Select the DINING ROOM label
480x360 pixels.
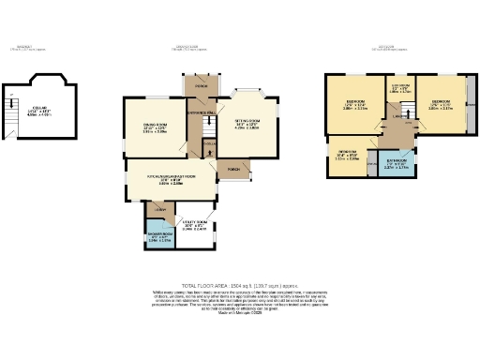tap(154, 128)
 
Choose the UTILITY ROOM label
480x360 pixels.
tap(194, 226)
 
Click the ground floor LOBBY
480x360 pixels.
tap(159, 209)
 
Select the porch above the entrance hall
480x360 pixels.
tap(201, 88)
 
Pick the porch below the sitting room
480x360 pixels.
tap(231, 169)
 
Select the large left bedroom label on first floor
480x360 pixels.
tap(355, 105)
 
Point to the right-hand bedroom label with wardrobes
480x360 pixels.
tap(440, 105)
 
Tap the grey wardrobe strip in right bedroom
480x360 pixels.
tap(472, 103)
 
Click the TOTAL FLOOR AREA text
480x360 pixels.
tap(239, 284)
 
